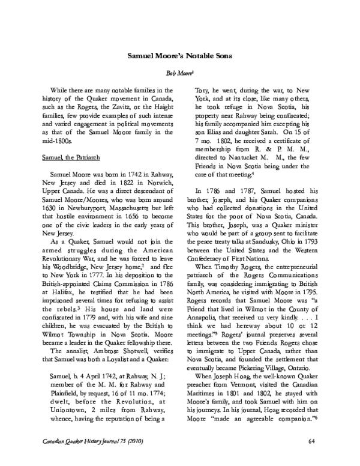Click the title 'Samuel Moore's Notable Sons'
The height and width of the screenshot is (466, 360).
click(x=179, y=55)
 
